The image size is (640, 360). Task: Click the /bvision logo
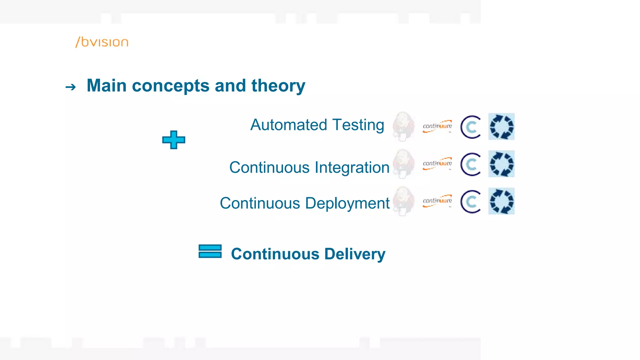point(102,42)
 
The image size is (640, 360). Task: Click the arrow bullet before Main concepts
point(71,87)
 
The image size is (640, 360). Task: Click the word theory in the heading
point(278,86)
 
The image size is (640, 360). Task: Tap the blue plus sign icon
point(174,140)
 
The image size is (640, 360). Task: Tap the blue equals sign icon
point(210,251)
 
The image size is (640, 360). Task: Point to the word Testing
point(358,125)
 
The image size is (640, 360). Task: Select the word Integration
point(352,167)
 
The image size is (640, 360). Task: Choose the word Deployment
point(347,203)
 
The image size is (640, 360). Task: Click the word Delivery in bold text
point(355,254)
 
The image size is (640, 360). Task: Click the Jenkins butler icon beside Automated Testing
point(403,126)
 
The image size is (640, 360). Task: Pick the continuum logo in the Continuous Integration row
point(437,163)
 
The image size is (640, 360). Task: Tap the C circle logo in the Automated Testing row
point(470,127)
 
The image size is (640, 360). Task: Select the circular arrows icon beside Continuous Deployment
point(501,201)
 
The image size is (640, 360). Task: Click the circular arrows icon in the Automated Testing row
point(501,127)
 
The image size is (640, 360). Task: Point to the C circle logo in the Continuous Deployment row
point(470,201)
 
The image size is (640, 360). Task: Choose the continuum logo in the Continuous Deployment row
point(437,201)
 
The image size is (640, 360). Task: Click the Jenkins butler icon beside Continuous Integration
point(403,164)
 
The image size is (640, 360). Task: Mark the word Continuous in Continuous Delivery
point(275,254)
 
